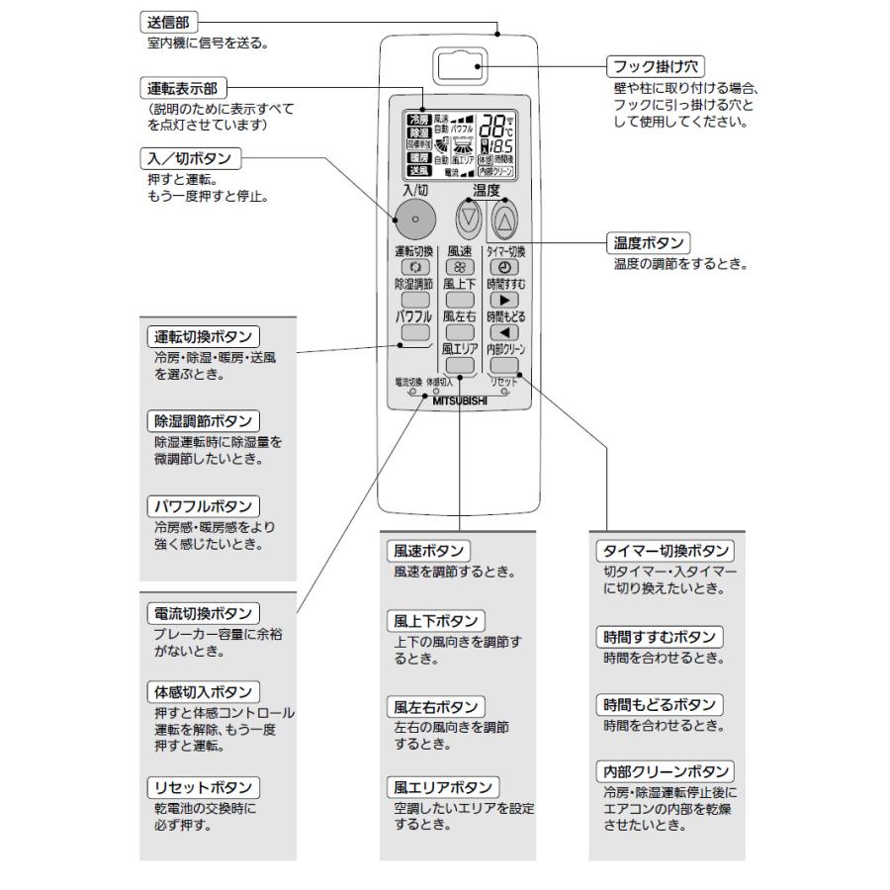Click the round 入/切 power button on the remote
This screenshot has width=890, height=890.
(414, 218)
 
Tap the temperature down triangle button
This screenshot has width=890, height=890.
(468, 220)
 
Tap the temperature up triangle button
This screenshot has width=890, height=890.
(504, 220)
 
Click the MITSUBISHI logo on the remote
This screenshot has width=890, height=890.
(460, 401)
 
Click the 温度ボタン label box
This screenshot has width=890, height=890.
(648, 242)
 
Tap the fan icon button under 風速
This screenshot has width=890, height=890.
(459, 268)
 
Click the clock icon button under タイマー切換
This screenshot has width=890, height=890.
(504, 268)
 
